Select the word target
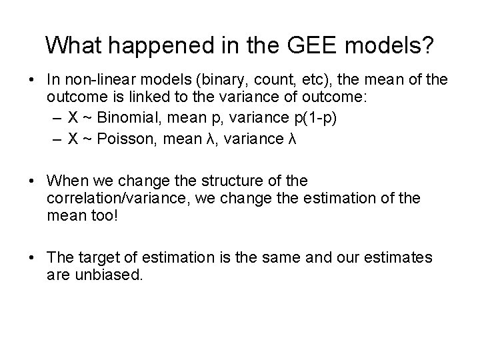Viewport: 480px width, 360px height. pyautogui.click(x=97, y=257)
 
